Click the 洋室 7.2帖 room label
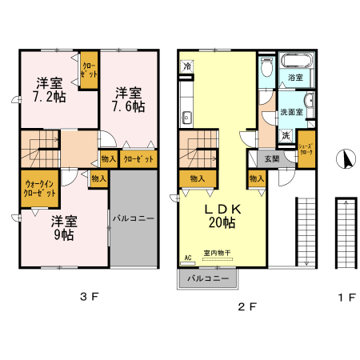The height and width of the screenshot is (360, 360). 50,90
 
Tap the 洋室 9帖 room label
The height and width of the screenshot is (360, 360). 63,227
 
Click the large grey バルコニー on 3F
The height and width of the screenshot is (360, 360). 133,218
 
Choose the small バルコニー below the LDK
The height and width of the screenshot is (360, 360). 207,278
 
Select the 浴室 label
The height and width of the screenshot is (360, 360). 295,78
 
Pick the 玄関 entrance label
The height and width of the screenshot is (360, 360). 271,158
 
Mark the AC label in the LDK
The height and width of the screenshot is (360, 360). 188,258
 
